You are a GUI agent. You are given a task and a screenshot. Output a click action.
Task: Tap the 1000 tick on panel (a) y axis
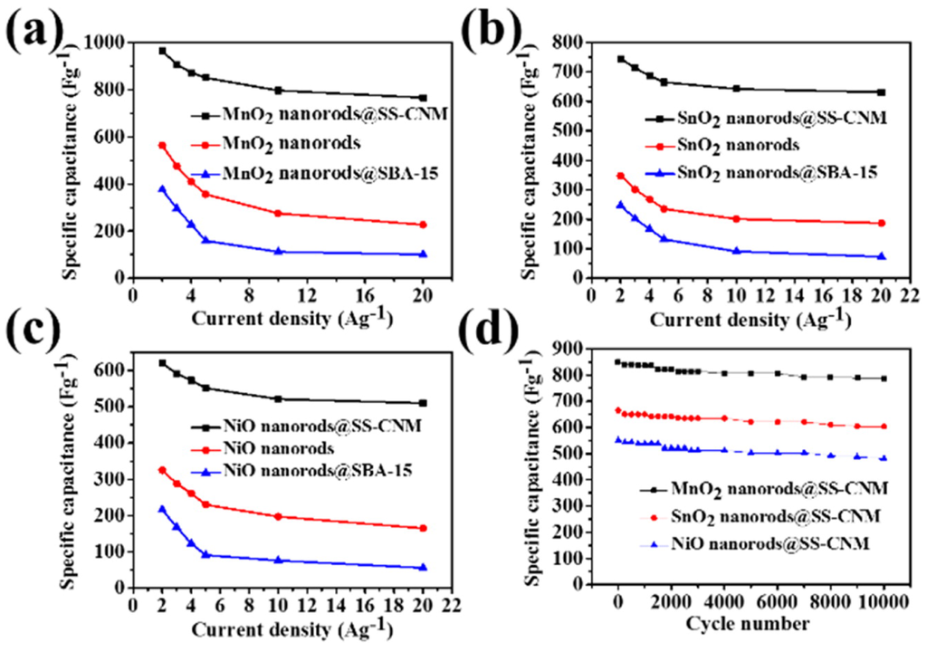108,42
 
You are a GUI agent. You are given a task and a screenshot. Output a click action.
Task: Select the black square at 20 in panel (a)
422,98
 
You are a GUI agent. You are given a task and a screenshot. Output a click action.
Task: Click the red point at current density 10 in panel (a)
278,214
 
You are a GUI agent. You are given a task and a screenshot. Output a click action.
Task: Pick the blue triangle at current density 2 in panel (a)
162,189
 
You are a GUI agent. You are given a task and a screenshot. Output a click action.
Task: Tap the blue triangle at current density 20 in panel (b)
881,256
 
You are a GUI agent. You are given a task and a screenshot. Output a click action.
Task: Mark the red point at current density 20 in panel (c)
422,528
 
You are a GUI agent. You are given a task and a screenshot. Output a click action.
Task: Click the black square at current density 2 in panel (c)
162,363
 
